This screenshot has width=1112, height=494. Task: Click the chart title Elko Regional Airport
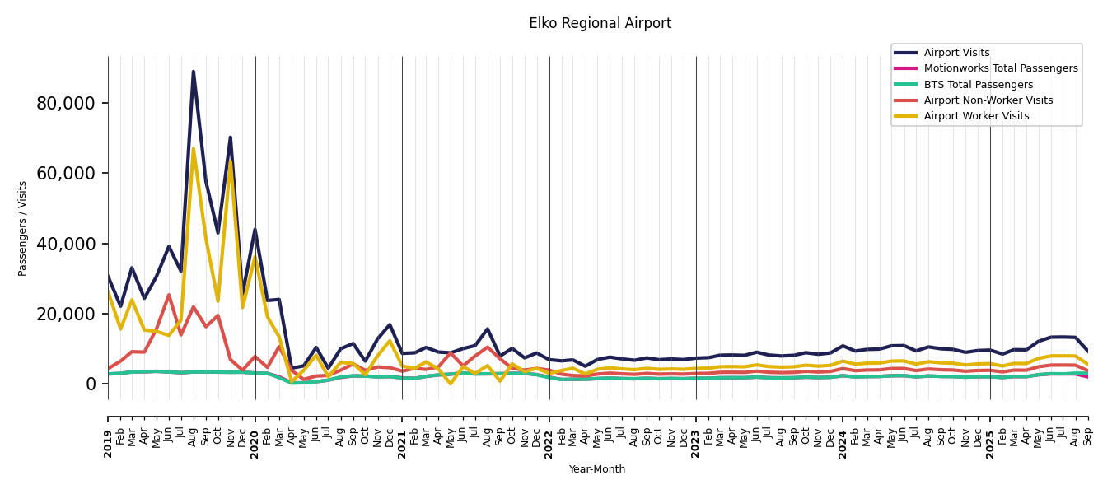click(600, 24)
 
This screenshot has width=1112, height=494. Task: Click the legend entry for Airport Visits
click(956, 53)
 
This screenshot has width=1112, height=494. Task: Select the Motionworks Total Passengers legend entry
click(1000, 68)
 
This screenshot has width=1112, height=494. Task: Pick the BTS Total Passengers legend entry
click(978, 85)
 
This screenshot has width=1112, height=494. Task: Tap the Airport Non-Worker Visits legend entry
click(988, 100)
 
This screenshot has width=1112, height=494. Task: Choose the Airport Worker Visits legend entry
click(976, 116)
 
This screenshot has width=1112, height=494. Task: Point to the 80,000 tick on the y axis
click(66, 103)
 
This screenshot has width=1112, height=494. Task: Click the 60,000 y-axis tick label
click(66, 173)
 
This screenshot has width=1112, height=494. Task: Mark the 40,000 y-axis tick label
click(66, 244)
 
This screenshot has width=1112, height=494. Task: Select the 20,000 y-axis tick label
click(66, 314)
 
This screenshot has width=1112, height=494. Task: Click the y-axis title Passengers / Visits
click(23, 228)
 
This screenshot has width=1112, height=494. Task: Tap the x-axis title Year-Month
click(596, 469)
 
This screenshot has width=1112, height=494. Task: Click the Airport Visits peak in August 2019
click(194, 72)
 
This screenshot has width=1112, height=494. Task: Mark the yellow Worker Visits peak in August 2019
click(194, 149)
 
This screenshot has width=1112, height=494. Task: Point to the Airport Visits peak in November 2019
click(231, 137)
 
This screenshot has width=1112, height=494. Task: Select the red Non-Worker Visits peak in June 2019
click(169, 295)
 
